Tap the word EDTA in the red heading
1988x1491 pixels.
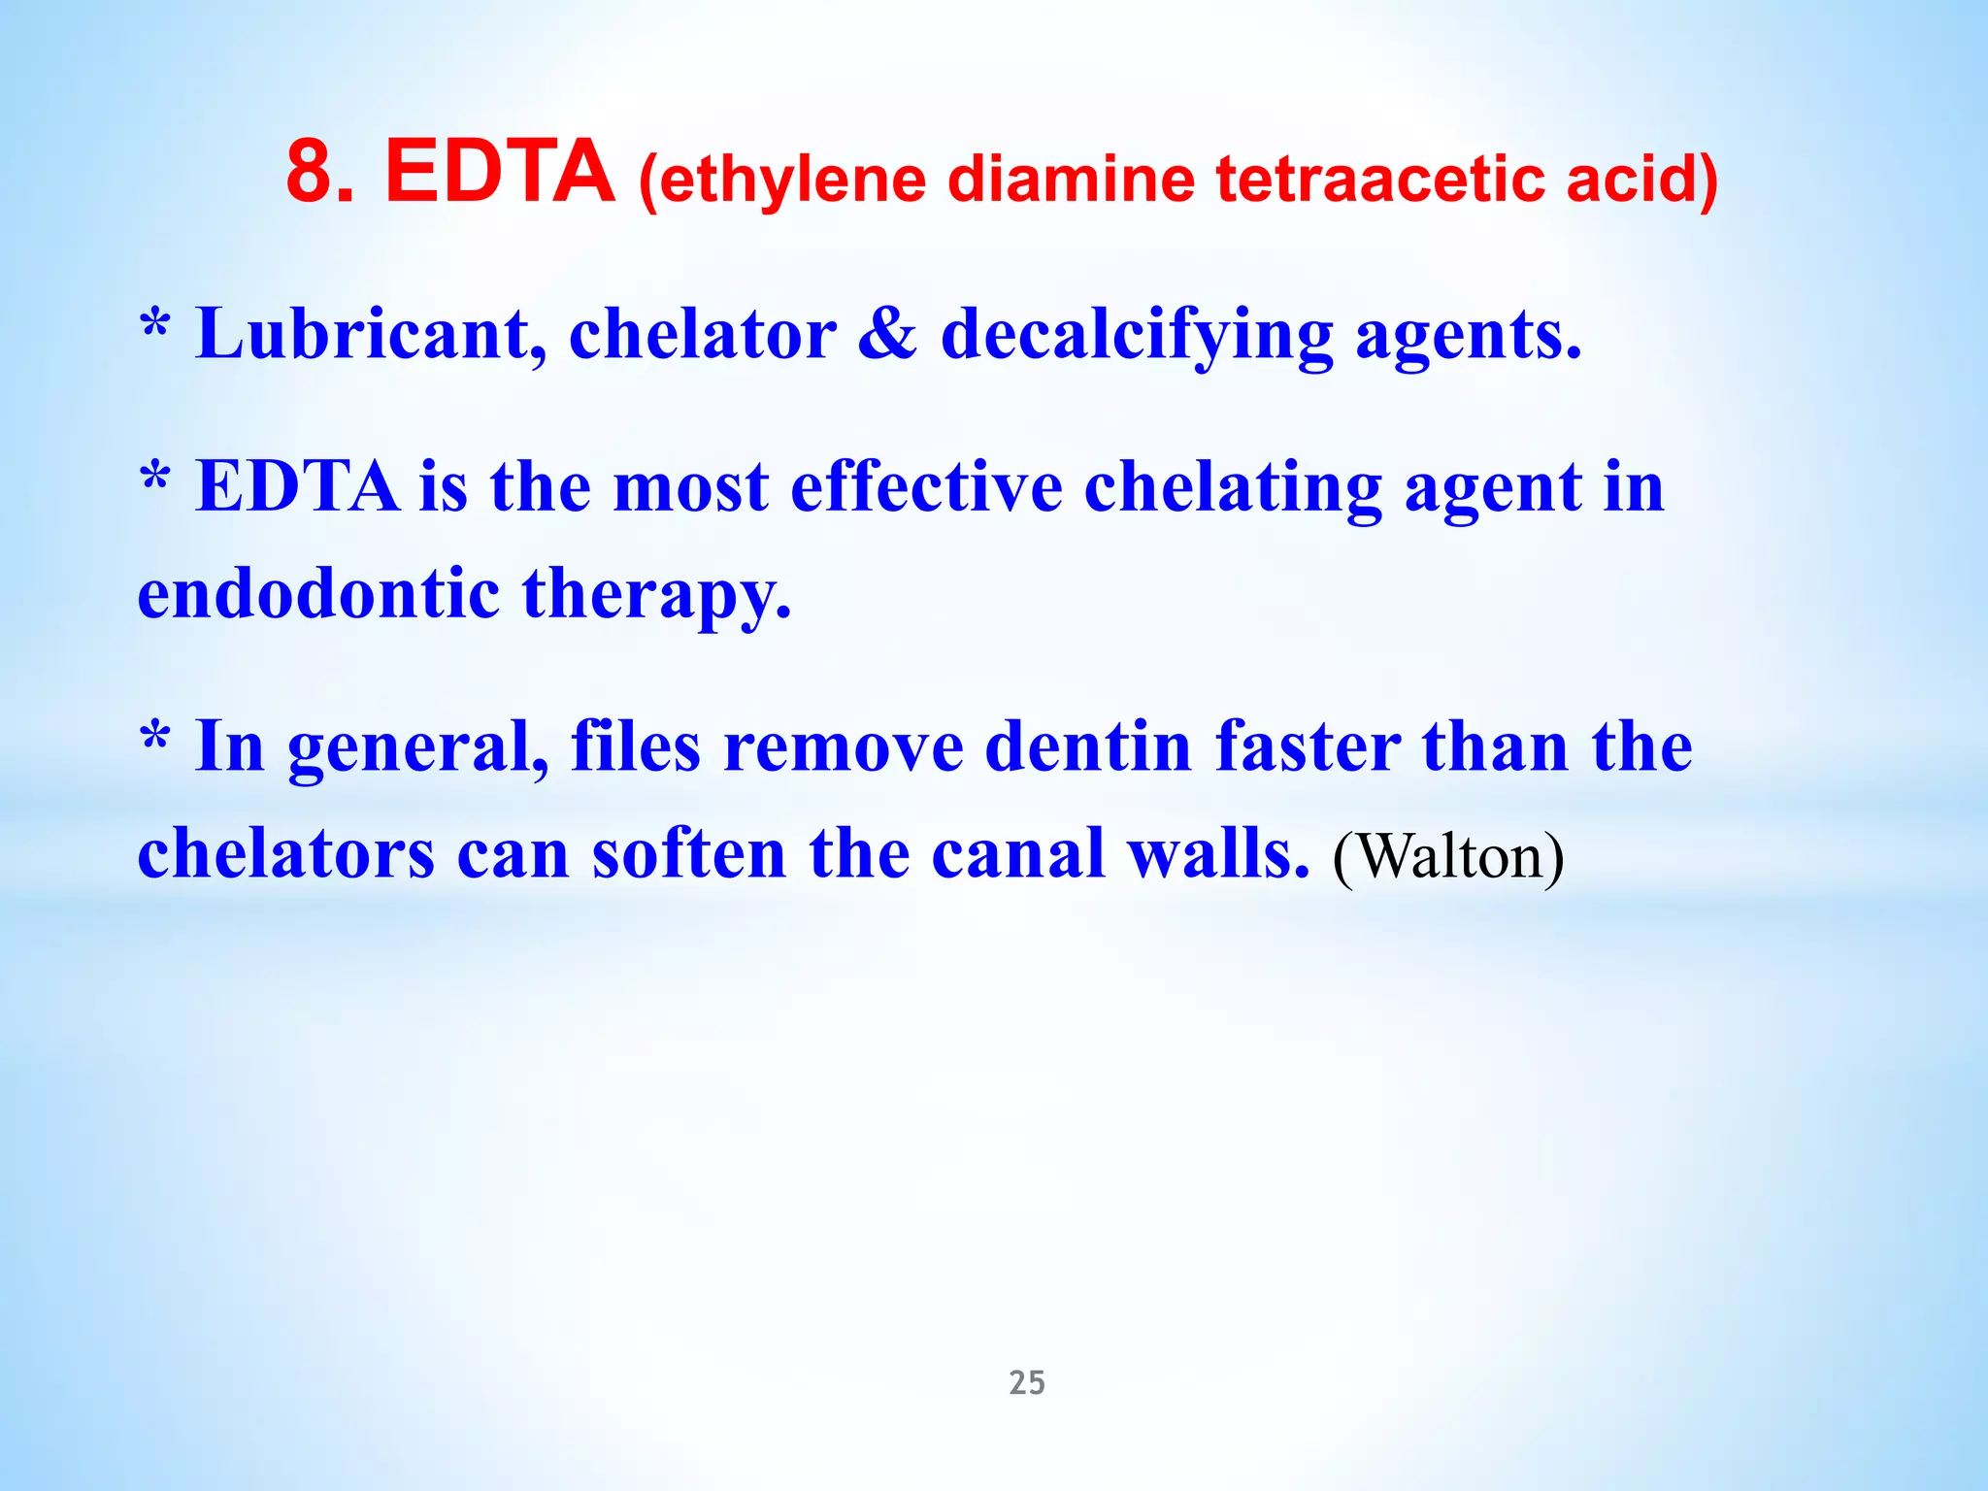(x=500, y=172)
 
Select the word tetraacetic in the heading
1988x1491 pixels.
(x=1379, y=180)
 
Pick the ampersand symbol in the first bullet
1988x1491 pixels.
(x=887, y=334)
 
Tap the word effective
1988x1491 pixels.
(x=926, y=485)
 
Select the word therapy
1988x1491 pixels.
(x=656, y=594)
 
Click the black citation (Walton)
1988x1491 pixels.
(x=1447, y=856)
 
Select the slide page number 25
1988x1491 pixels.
(x=1027, y=1382)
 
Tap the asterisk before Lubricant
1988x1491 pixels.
(x=155, y=324)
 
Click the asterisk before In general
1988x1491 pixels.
(x=155, y=737)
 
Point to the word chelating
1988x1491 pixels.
(x=1233, y=487)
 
